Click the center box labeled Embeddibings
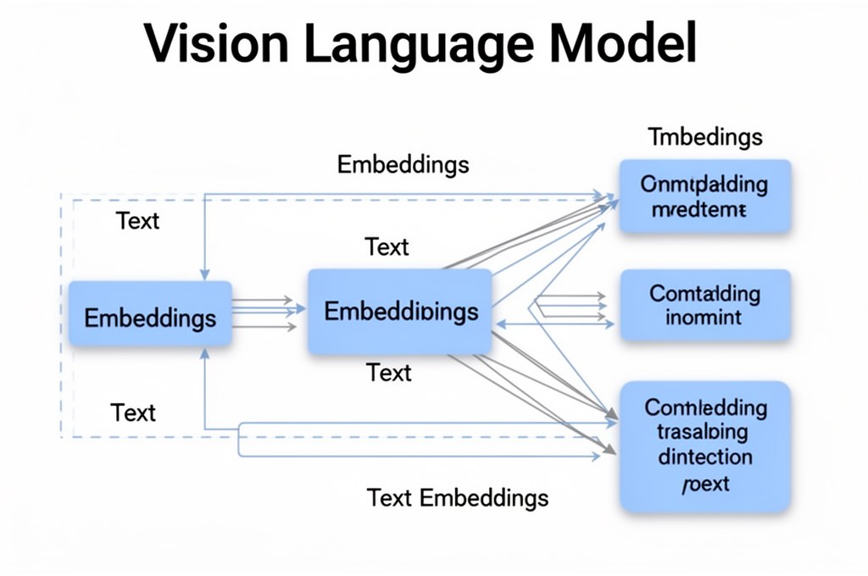pyautogui.click(x=400, y=311)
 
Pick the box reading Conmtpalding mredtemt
pyautogui.click(x=704, y=196)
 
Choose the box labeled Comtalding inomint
pyautogui.click(x=704, y=306)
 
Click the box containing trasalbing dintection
pyautogui.click(x=704, y=444)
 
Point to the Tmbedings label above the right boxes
pyautogui.click(x=705, y=136)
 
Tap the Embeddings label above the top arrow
pyautogui.click(x=403, y=163)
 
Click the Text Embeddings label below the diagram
pyautogui.click(x=457, y=497)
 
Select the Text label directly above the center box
pyautogui.click(x=387, y=247)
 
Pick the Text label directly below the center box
pyautogui.click(x=389, y=373)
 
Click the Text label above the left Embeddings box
pyautogui.click(x=137, y=221)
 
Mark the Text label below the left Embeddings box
pyautogui.click(x=134, y=413)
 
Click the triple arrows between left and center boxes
pyautogui.click(x=264, y=313)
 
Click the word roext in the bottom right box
pyautogui.click(x=705, y=485)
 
